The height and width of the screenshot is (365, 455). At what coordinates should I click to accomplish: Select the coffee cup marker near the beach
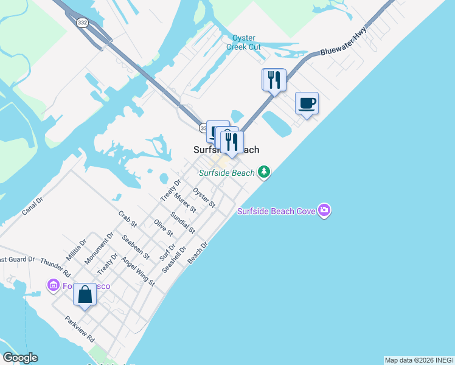(x=307, y=103)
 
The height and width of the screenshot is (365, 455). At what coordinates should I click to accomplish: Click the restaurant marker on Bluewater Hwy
(x=274, y=79)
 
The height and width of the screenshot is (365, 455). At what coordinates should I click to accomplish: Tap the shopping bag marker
(x=85, y=295)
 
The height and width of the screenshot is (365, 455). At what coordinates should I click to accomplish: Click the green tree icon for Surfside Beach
(x=264, y=173)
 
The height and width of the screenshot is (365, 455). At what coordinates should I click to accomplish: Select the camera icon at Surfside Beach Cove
(x=324, y=210)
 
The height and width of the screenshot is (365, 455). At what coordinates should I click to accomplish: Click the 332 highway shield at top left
(x=82, y=23)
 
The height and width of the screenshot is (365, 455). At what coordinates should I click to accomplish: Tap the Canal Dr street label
(x=32, y=207)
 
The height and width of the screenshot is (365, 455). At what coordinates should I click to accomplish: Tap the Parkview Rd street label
(x=80, y=328)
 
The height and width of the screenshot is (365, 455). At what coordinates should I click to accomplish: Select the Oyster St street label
(x=204, y=197)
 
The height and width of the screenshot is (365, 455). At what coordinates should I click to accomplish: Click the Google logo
(x=20, y=358)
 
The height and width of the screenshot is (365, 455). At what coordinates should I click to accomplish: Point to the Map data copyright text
(x=419, y=360)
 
